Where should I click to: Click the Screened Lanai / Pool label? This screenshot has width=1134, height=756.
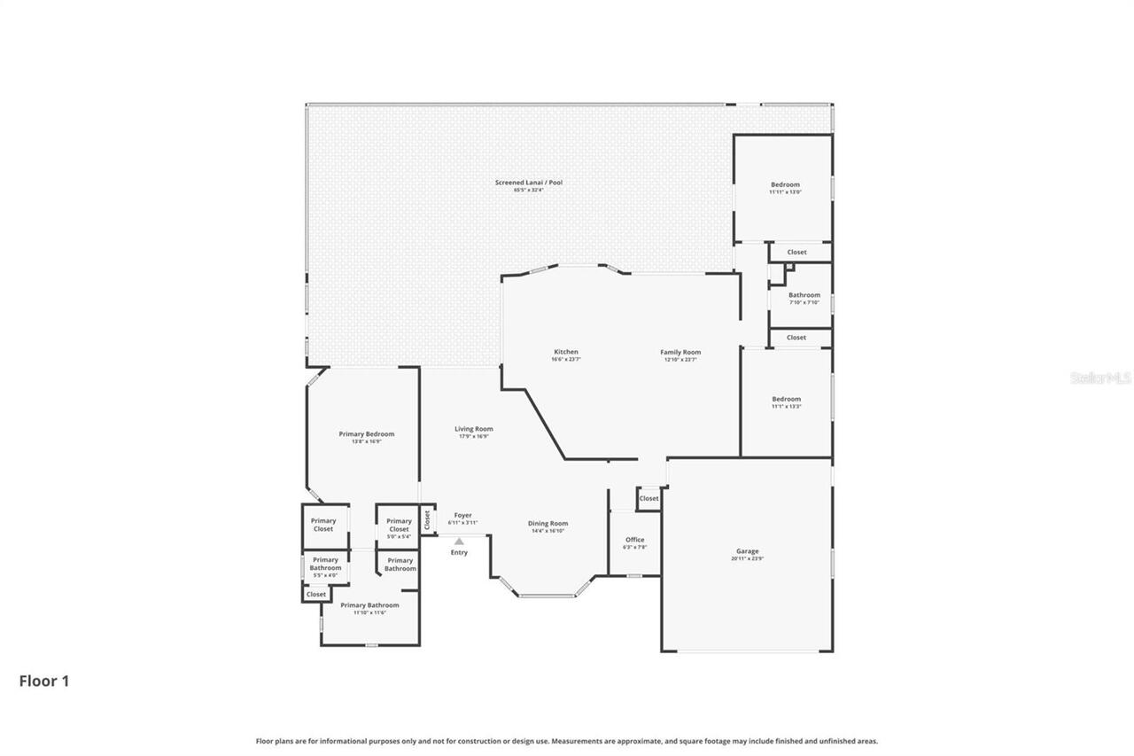pyautogui.click(x=528, y=183)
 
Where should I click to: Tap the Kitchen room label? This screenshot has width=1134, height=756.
pyautogui.click(x=565, y=353)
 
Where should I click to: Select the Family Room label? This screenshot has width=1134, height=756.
pyautogui.click(x=680, y=353)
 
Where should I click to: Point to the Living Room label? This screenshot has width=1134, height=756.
pyautogui.click(x=474, y=430)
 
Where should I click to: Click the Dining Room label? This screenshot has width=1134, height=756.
pyautogui.click(x=548, y=524)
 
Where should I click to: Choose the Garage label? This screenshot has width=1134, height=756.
pyautogui.click(x=747, y=552)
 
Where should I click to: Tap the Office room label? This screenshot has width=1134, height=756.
pyautogui.click(x=634, y=541)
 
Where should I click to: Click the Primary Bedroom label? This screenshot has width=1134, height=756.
pyautogui.click(x=366, y=434)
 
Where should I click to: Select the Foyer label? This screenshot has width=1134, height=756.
pyautogui.click(x=462, y=516)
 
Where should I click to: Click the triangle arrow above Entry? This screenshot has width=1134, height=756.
pyautogui.click(x=459, y=541)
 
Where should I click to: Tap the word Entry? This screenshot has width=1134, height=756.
pyautogui.click(x=459, y=553)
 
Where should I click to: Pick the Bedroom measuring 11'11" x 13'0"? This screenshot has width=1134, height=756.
pyautogui.click(x=784, y=185)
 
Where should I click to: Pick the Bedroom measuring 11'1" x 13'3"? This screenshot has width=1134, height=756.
pyautogui.click(x=786, y=400)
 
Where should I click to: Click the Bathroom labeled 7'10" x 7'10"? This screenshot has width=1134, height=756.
pyautogui.click(x=804, y=296)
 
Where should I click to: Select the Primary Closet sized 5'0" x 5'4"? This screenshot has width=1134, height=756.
pyautogui.click(x=399, y=526)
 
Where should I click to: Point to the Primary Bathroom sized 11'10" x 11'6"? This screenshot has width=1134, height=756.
pyautogui.click(x=369, y=606)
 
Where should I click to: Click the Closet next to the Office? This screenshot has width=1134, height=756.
pyautogui.click(x=649, y=498)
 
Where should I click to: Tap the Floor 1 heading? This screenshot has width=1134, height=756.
pyautogui.click(x=44, y=681)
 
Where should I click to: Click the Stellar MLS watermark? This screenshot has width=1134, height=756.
pyautogui.click(x=1100, y=378)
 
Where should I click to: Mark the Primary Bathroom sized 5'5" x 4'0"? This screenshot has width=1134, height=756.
pyautogui.click(x=325, y=564)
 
